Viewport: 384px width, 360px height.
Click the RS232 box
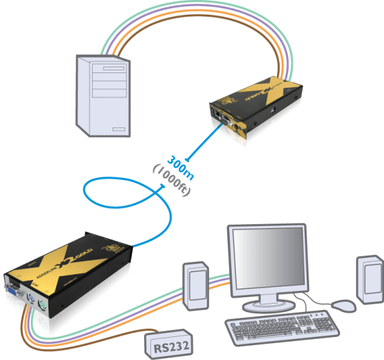click(x=169, y=346)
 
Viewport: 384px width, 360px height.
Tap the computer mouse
click(x=344, y=306)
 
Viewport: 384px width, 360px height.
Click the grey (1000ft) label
click(x=168, y=181)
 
